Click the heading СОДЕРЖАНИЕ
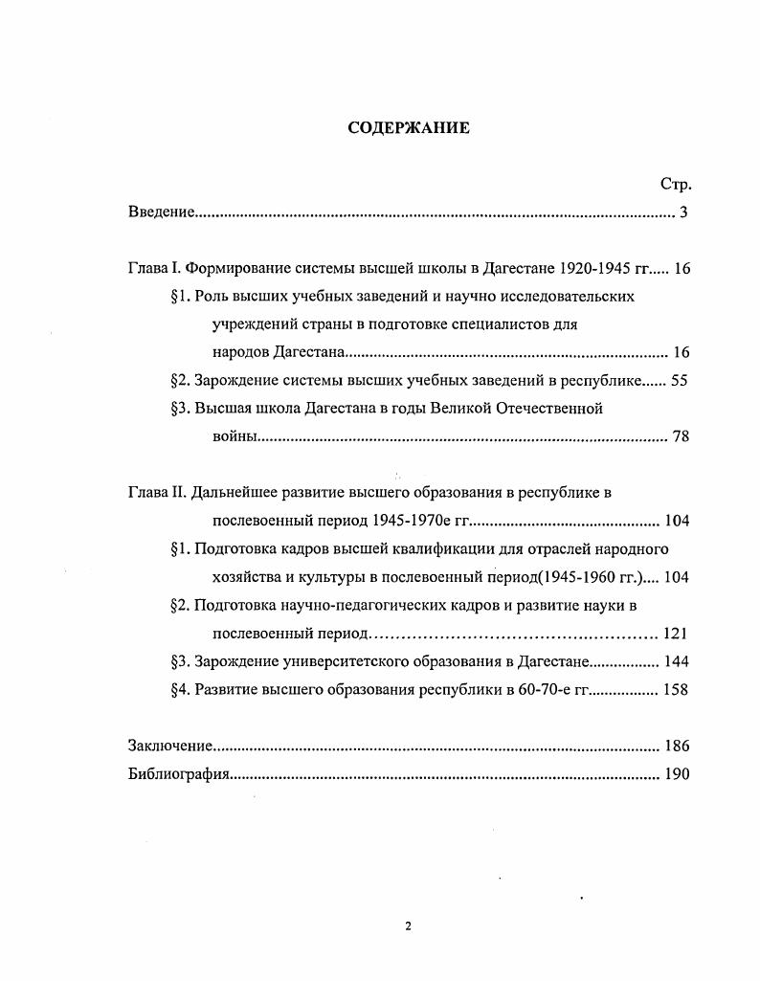pos(409,128)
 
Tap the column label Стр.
pos(676,184)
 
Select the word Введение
pos(161,212)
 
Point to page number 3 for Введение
pos(683,212)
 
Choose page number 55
pos(679,380)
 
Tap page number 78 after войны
pos(681,436)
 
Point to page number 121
pos(675,634)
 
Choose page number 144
pos(675,661)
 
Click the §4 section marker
pos(179,689)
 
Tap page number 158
pos(675,689)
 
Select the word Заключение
pos(169,747)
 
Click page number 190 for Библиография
pos(676,774)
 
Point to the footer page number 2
pos(408,925)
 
